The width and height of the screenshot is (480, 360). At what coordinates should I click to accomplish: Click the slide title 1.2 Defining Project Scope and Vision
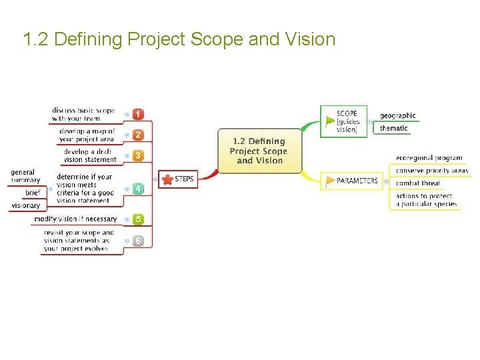[x=179, y=39]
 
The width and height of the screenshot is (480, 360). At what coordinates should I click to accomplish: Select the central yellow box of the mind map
[x=259, y=151]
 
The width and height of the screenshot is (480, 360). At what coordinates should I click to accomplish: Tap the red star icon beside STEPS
[x=167, y=179]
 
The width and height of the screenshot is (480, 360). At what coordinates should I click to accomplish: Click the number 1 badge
[x=138, y=115]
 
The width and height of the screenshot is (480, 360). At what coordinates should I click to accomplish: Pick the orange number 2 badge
[x=138, y=135]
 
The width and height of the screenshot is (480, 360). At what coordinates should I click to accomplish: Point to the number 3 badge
[x=138, y=155]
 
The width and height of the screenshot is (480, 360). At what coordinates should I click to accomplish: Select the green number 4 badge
[x=138, y=189]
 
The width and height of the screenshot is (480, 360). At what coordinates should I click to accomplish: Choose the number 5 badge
[x=138, y=219]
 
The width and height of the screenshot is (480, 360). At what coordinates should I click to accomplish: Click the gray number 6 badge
[x=138, y=241]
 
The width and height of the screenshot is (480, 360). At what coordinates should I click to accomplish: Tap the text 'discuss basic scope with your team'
[x=83, y=115]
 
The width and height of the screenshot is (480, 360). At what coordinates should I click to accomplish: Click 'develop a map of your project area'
[x=87, y=135]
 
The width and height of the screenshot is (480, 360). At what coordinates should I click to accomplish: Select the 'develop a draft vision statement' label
[x=90, y=155]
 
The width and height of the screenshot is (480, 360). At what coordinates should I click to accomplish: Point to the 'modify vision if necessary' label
[x=75, y=219]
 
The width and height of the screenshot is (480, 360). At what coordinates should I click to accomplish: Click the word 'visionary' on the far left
[x=25, y=205]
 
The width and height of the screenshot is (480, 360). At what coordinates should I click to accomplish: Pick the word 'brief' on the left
[x=33, y=193]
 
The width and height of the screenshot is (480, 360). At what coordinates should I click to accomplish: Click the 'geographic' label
[x=397, y=115]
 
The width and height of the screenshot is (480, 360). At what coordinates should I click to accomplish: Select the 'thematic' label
[x=393, y=128]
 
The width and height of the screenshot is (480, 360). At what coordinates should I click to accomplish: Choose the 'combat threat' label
[x=418, y=183]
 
